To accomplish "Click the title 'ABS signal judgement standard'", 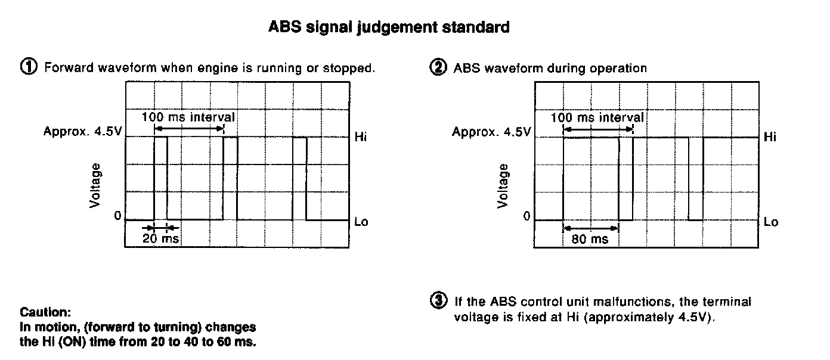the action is (x=389, y=27).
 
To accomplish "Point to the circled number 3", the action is (x=438, y=302).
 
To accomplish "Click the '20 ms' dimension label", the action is (x=160, y=238).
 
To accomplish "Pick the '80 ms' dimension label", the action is (x=590, y=239).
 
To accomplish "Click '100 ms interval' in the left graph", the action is (x=188, y=117).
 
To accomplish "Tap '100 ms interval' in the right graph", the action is (x=597, y=117).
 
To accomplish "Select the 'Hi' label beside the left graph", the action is (x=361, y=138).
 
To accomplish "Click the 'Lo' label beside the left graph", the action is (x=361, y=222).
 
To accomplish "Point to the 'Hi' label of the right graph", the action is (x=770, y=138).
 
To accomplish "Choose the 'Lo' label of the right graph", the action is (x=770, y=222).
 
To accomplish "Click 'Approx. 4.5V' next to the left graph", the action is (x=82, y=132).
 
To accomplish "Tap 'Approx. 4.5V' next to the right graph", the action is (x=491, y=132).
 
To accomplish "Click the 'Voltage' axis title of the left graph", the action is (x=96, y=185).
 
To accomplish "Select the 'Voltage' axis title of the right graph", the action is (x=504, y=185).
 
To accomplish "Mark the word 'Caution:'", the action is (x=45, y=312).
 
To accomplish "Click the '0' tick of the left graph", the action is (x=118, y=215).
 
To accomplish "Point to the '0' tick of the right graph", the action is (x=527, y=216).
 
